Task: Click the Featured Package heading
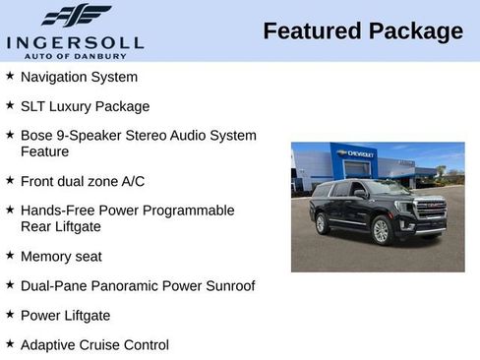362,31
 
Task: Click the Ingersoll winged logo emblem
76,16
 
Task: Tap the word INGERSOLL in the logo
75,42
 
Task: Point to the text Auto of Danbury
76,55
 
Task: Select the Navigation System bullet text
79,77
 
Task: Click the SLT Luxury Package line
85,106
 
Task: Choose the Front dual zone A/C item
83,181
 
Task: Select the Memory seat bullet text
61,257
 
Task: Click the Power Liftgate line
65,316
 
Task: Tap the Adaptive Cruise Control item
94,345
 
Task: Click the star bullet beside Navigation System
10,76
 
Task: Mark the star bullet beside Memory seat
10,256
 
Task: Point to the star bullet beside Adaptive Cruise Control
10,344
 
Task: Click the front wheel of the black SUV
381,231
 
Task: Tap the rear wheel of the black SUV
322,224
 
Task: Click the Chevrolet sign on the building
361,154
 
